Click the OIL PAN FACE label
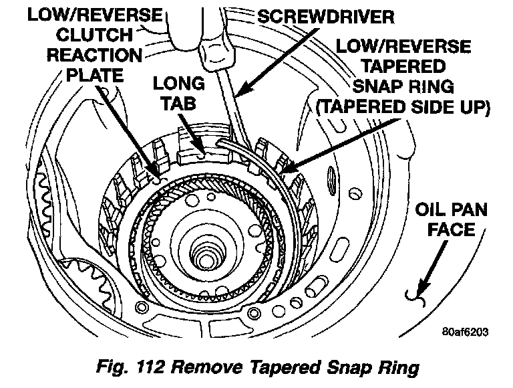tap(452, 221)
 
